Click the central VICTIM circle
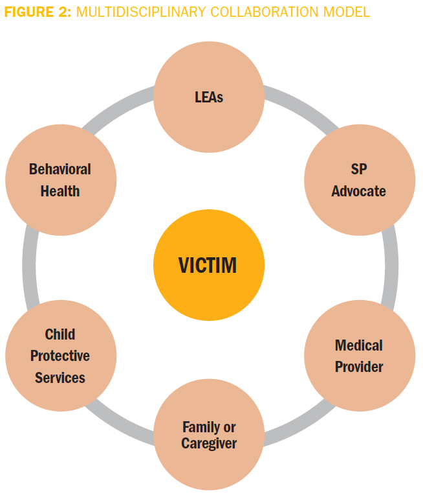click(209, 265)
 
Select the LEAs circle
click(209, 97)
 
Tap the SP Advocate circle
click(359, 180)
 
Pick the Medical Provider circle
click(359, 356)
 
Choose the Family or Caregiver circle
click(209, 435)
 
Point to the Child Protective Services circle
click(60, 356)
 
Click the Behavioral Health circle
click(60, 180)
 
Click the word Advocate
click(359, 191)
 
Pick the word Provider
click(359, 367)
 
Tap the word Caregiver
click(209, 444)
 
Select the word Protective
click(60, 356)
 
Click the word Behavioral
click(60, 169)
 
